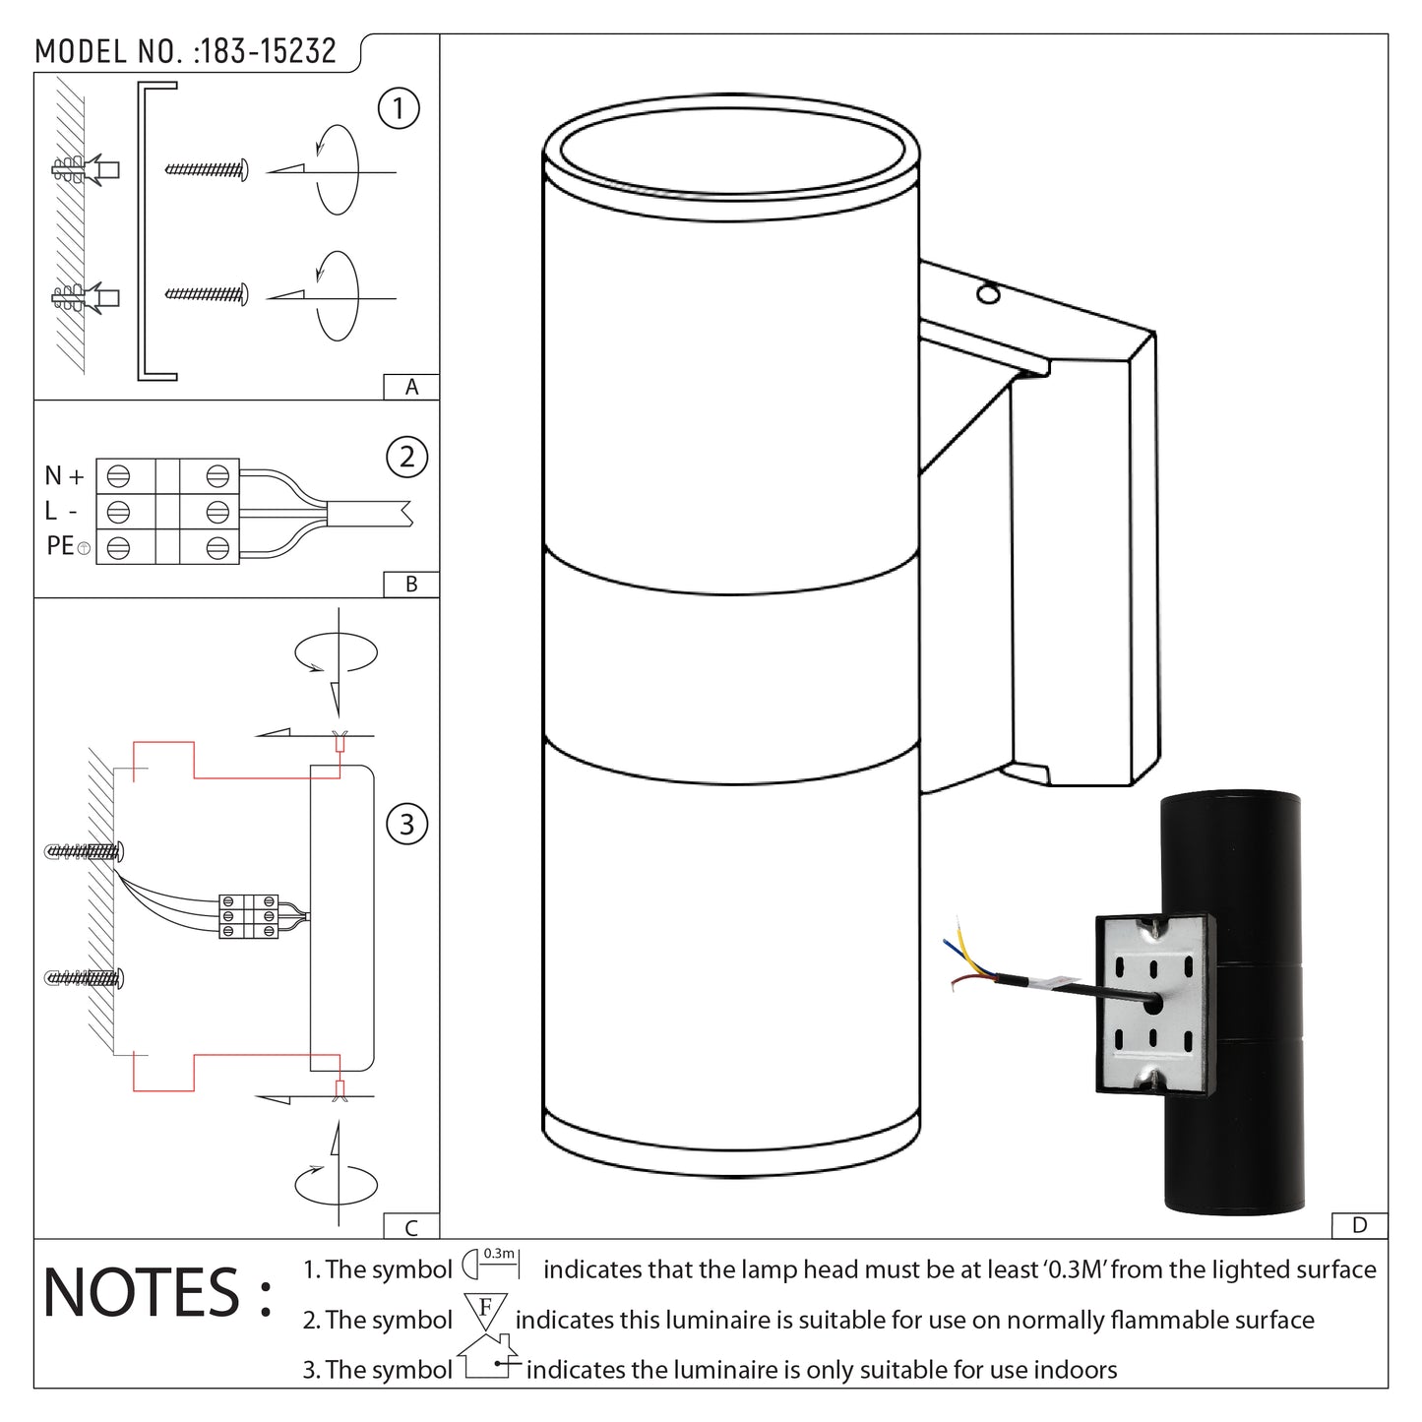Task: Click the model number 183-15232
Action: coord(266,51)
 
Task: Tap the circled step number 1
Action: coord(399,108)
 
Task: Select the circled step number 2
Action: coord(407,458)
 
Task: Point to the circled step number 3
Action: coord(407,824)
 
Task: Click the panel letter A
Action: coord(411,388)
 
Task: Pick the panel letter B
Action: coord(411,585)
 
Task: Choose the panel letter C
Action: coord(411,1227)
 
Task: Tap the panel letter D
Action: coord(1360,1226)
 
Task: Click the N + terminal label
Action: coord(65,476)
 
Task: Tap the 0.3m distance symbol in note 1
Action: coord(490,1262)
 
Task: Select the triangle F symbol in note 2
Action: coord(484,1313)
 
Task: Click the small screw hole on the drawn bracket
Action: coord(986,293)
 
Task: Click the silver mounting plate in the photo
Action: coord(1153,1003)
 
